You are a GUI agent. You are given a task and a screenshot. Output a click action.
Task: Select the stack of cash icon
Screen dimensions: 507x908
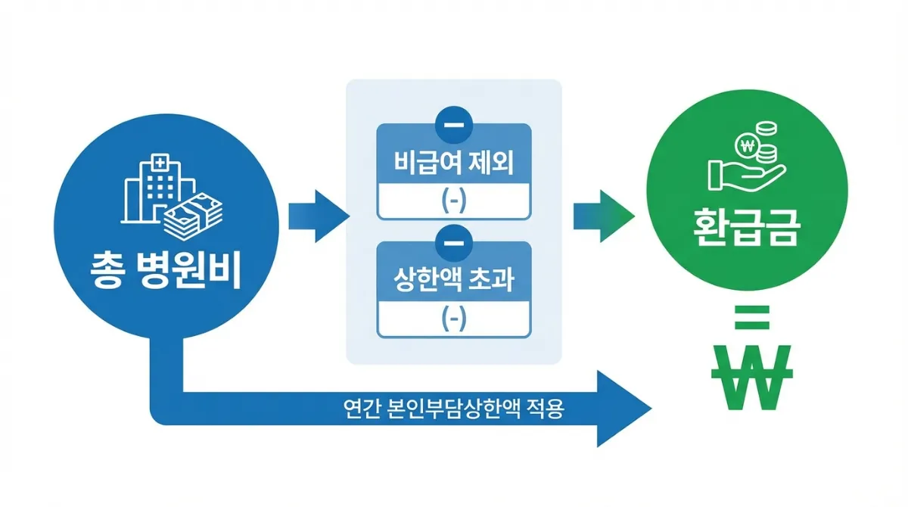(193, 215)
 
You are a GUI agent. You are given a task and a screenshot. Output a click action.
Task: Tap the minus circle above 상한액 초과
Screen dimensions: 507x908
(453, 241)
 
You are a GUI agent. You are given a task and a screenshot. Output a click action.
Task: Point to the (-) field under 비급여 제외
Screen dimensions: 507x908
(453, 202)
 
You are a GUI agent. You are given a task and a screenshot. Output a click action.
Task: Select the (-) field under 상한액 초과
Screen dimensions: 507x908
(453, 319)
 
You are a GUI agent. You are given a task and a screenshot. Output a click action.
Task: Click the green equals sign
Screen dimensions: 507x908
(751, 316)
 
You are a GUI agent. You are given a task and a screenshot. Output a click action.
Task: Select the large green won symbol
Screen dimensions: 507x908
(751, 377)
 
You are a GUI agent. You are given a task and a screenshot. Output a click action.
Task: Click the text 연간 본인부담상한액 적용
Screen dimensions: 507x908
(453, 409)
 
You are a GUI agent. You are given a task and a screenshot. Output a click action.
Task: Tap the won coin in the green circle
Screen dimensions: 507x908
(748, 145)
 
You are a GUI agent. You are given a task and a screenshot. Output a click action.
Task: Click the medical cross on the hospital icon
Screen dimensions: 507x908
(160, 163)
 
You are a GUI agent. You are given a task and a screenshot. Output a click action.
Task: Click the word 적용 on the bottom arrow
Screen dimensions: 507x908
(546, 409)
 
